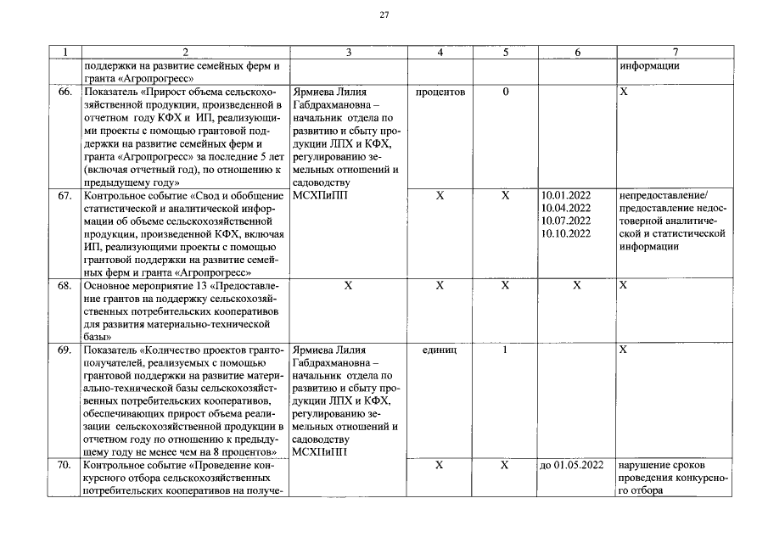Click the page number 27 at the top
tap(384, 15)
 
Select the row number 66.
tap(64, 91)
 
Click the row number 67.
tap(64, 195)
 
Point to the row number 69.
tap(64, 350)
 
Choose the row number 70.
tap(64, 465)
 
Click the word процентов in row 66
tap(440, 91)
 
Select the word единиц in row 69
tap(440, 350)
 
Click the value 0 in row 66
tap(505, 91)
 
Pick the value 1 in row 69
tap(505, 350)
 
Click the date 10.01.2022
tap(565, 195)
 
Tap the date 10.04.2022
tap(565, 208)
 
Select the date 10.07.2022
tap(565, 221)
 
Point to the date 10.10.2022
tap(565, 233)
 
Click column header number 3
tap(348, 53)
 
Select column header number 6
tap(577, 53)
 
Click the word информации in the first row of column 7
tap(649, 65)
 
